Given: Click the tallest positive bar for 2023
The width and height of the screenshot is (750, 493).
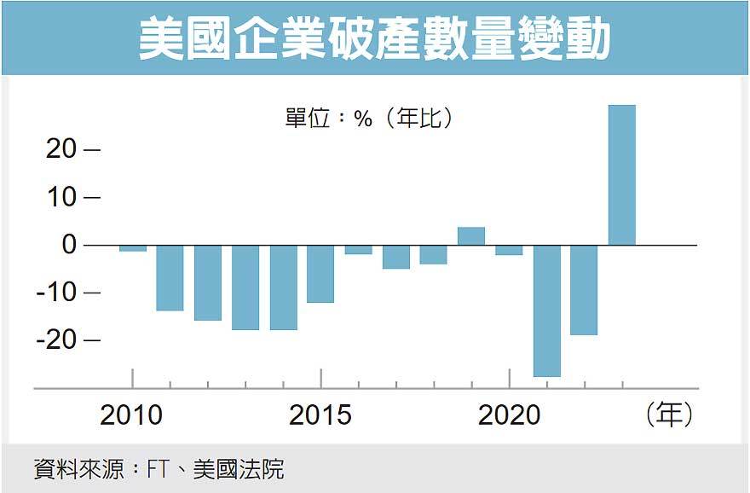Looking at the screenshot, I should click(x=621, y=175).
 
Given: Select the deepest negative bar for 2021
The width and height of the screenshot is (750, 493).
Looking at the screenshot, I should click(x=546, y=310).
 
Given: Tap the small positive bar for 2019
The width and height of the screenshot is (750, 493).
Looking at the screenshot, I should click(x=471, y=236).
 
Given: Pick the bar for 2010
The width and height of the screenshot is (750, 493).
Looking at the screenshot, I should click(x=133, y=248).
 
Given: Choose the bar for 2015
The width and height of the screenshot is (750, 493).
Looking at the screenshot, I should click(x=320, y=274).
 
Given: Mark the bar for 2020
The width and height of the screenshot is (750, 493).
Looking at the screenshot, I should click(x=509, y=250).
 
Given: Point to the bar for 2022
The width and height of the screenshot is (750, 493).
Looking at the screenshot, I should click(x=584, y=290).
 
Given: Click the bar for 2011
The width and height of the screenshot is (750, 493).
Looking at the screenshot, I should click(x=170, y=278).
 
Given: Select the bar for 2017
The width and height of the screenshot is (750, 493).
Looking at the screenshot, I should click(x=395, y=257).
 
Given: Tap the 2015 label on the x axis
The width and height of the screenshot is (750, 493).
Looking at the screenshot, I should click(x=320, y=415).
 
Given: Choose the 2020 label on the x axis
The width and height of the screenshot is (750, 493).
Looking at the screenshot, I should click(x=509, y=415).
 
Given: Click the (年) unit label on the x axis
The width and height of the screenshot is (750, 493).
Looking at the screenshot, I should click(x=669, y=415).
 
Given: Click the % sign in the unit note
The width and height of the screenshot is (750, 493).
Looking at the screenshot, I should click(x=364, y=119).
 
